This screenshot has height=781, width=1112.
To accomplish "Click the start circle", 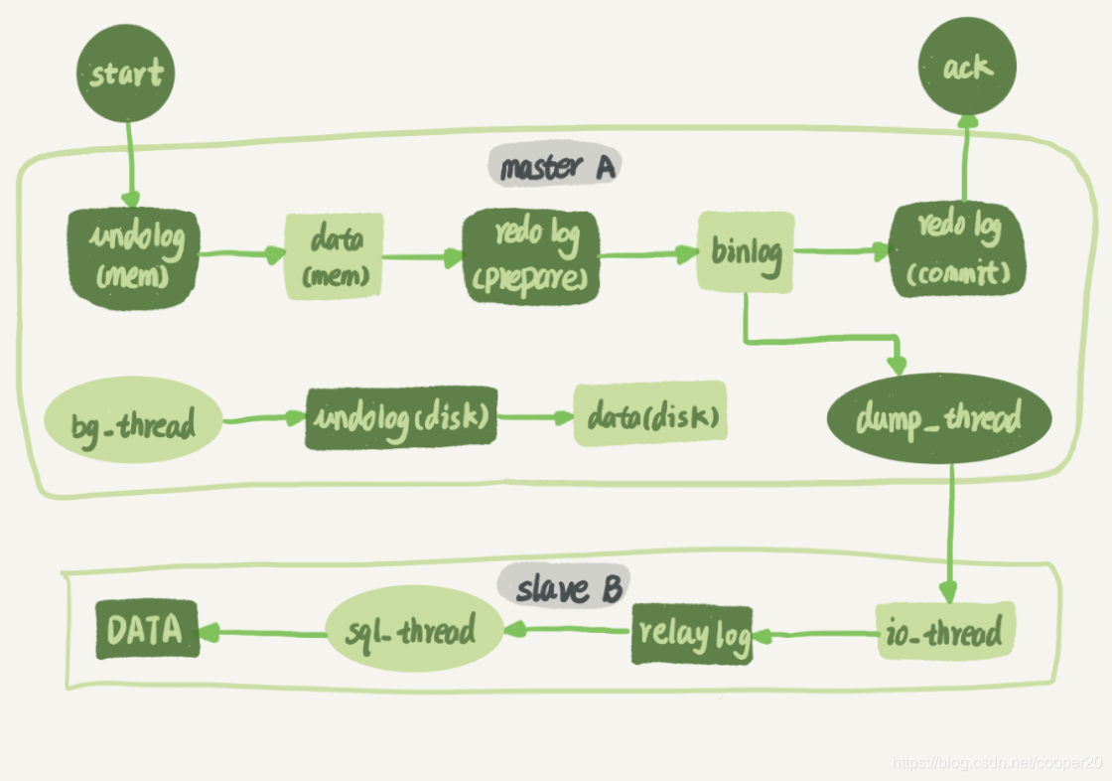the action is [126, 75].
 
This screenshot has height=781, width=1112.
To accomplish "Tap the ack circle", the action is [966, 68].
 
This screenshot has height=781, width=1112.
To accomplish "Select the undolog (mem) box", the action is [133, 255].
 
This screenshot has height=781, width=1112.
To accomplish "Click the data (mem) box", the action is [334, 255].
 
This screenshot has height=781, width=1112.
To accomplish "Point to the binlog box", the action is [746, 251].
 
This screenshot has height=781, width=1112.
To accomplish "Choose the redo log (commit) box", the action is [957, 249].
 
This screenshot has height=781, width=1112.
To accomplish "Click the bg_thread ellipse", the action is [132, 421].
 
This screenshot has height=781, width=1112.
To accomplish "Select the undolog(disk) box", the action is [402, 417].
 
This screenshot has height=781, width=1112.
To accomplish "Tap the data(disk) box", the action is [651, 414].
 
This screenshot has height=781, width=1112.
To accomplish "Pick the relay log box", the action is [692, 633].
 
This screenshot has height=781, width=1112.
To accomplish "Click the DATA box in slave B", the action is [147, 630].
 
